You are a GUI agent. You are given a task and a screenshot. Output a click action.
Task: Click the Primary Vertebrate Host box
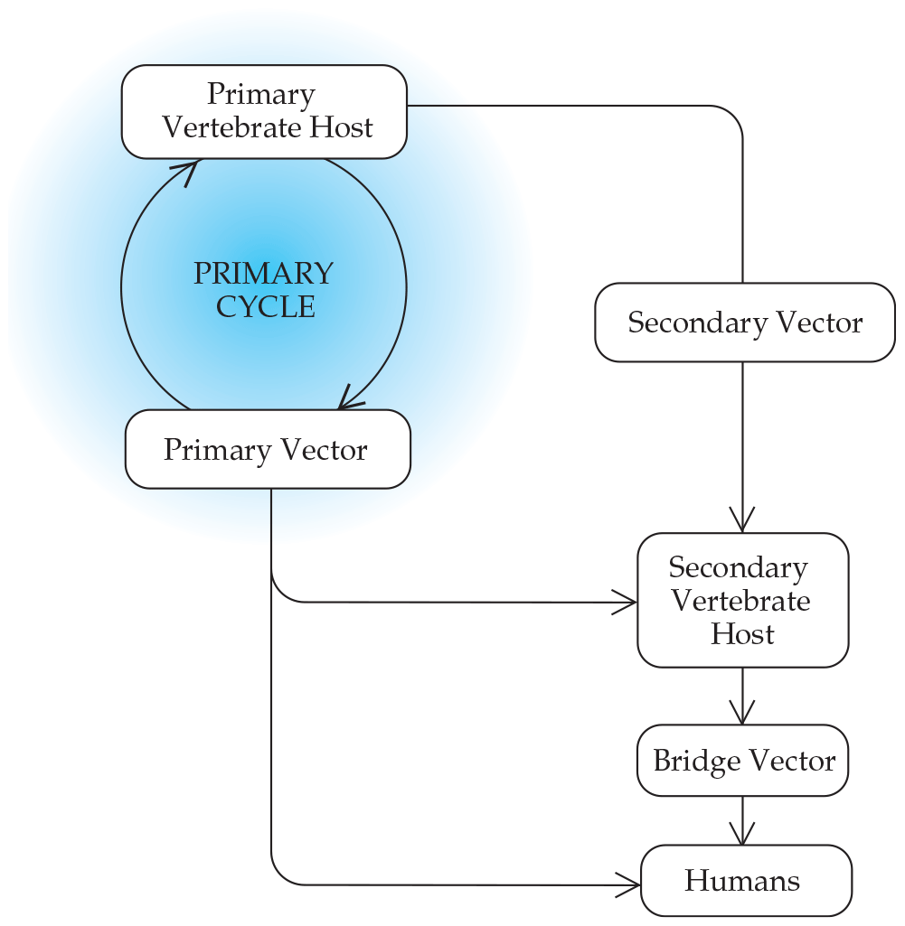pyautogui.click(x=264, y=111)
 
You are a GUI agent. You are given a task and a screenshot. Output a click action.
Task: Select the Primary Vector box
pyautogui.click(x=268, y=449)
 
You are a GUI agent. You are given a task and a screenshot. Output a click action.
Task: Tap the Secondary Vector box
pyautogui.click(x=745, y=323)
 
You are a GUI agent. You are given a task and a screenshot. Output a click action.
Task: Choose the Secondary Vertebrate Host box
pyautogui.click(x=743, y=600)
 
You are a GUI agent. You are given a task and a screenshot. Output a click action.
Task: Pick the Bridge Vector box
pyautogui.click(x=743, y=761)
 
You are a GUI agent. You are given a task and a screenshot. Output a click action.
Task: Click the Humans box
pyautogui.click(x=746, y=881)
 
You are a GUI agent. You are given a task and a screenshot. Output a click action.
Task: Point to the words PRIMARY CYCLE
pyautogui.click(x=264, y=289)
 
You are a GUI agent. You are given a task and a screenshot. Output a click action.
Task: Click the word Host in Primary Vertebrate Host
pyautogui.click(x=339, y=127)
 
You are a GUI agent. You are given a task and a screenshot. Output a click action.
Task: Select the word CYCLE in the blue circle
pyautogui.click(x=266, y=306)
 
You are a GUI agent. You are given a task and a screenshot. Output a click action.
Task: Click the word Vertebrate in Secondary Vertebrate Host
pyautogui.click(x=740, y=601)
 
